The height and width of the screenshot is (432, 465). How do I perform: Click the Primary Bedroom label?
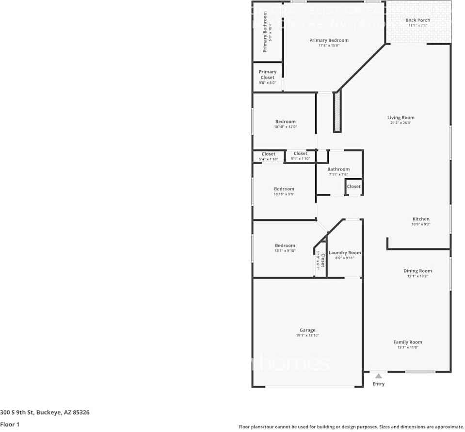click(x=329, y=40)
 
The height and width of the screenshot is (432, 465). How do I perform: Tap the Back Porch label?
click(x=417, y=20)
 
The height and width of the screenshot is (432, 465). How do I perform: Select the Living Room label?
click(x=401, y=117)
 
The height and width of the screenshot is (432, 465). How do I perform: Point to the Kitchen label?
click(x=421, y=219)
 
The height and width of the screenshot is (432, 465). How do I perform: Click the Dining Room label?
click(x=417, y=271)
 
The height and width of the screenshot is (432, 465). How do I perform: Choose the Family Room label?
click(x=407, y=342)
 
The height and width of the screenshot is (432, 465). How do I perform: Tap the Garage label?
click(x=307, y=330)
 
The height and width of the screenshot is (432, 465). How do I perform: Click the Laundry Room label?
click(x=345, y=253)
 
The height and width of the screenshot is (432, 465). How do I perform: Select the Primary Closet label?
click(x=267, y=75)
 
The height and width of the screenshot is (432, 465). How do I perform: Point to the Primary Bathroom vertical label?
click(x=265, y=32)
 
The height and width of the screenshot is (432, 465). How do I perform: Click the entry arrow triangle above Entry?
click(x=378, y=375)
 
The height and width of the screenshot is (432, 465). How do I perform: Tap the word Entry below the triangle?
click(x=378, y=384)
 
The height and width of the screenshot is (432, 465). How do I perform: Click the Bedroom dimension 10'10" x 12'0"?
click(x=285, y=127)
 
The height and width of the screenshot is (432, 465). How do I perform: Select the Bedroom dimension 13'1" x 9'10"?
click(x=285, y=251)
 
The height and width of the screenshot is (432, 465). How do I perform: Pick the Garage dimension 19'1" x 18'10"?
click(x=307, y=336)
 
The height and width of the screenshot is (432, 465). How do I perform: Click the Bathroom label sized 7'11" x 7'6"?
click(x=338, y=169)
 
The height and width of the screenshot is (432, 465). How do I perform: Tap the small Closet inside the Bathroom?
click(x=353, y=186)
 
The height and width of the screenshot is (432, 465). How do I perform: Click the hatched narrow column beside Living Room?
click(x=337, y=112)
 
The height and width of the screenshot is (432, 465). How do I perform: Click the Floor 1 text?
click(x=10, y=425)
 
